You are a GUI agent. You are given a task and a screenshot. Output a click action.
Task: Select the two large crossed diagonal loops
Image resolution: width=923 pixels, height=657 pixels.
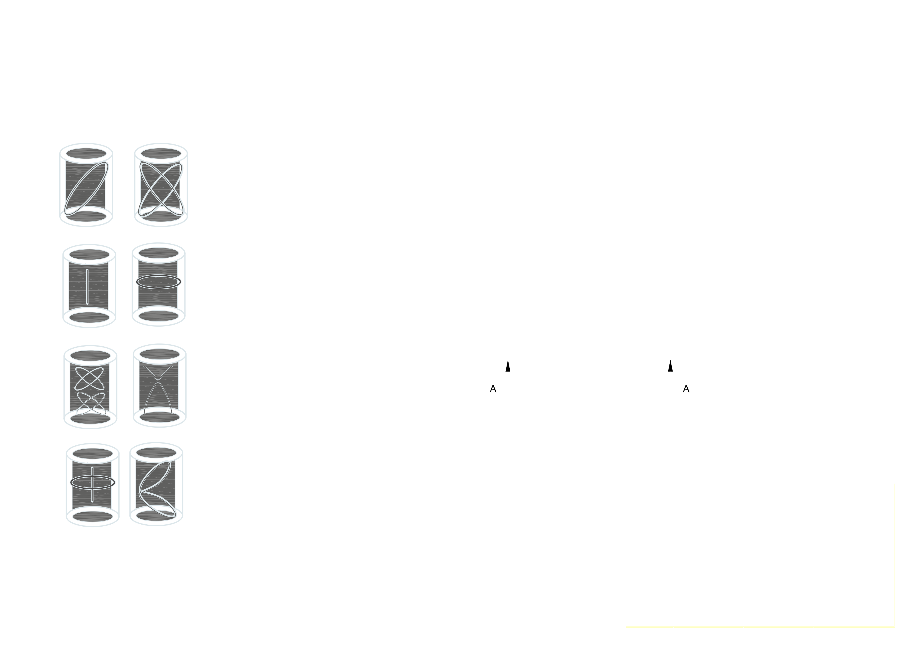[x=161, y=189]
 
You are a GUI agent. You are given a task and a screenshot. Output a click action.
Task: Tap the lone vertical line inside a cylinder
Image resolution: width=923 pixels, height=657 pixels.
[x=87, y=286]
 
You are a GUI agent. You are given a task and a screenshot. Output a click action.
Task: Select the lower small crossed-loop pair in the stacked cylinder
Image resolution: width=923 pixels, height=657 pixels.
[x=91, y=403]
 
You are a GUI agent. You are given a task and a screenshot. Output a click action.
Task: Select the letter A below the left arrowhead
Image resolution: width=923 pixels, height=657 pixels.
[x=493, y=389]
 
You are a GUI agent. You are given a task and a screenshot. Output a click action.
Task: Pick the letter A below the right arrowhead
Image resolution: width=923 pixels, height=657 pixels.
[x=686, y=389]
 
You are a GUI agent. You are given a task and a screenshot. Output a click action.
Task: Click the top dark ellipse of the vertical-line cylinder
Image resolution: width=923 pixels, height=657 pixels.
[x=89, y=255]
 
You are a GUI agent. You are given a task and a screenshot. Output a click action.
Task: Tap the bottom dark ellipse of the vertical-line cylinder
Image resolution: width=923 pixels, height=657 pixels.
[x=89, y=318]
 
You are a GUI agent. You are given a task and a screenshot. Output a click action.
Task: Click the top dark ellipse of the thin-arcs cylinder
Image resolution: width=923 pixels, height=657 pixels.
[x=159, y=354]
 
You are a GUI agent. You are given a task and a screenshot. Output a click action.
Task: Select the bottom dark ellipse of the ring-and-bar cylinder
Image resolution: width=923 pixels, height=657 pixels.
[x=93, y=517]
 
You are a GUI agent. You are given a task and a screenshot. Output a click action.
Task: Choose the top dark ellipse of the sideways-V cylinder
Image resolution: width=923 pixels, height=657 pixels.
[x=156, y=453]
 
